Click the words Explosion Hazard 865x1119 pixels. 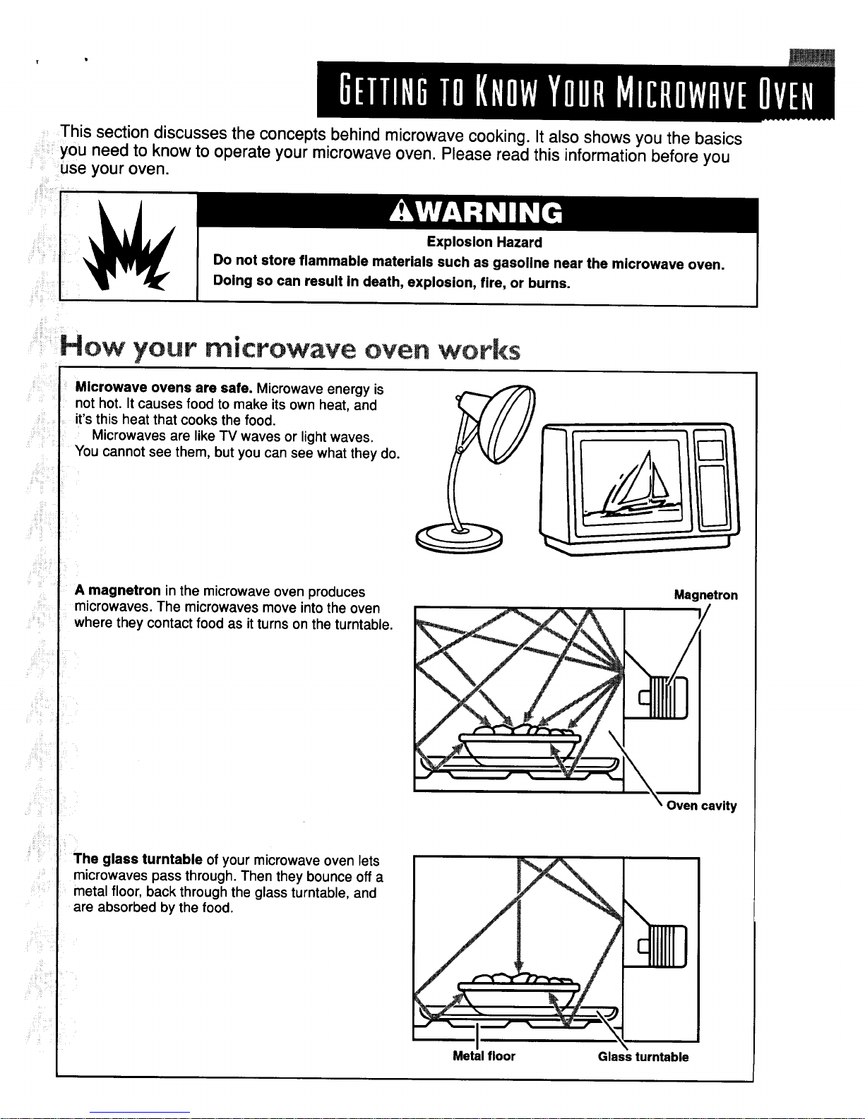point(484,242)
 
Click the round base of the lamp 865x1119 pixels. point(458,538)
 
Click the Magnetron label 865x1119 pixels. point(705,595)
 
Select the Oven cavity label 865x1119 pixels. point(701,806)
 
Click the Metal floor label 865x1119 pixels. point(484,1056)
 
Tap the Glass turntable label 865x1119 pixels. point(643,1057)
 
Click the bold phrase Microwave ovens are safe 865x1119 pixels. point(165,388)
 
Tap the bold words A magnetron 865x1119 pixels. point(118,592)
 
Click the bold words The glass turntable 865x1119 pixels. point(138,859)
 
